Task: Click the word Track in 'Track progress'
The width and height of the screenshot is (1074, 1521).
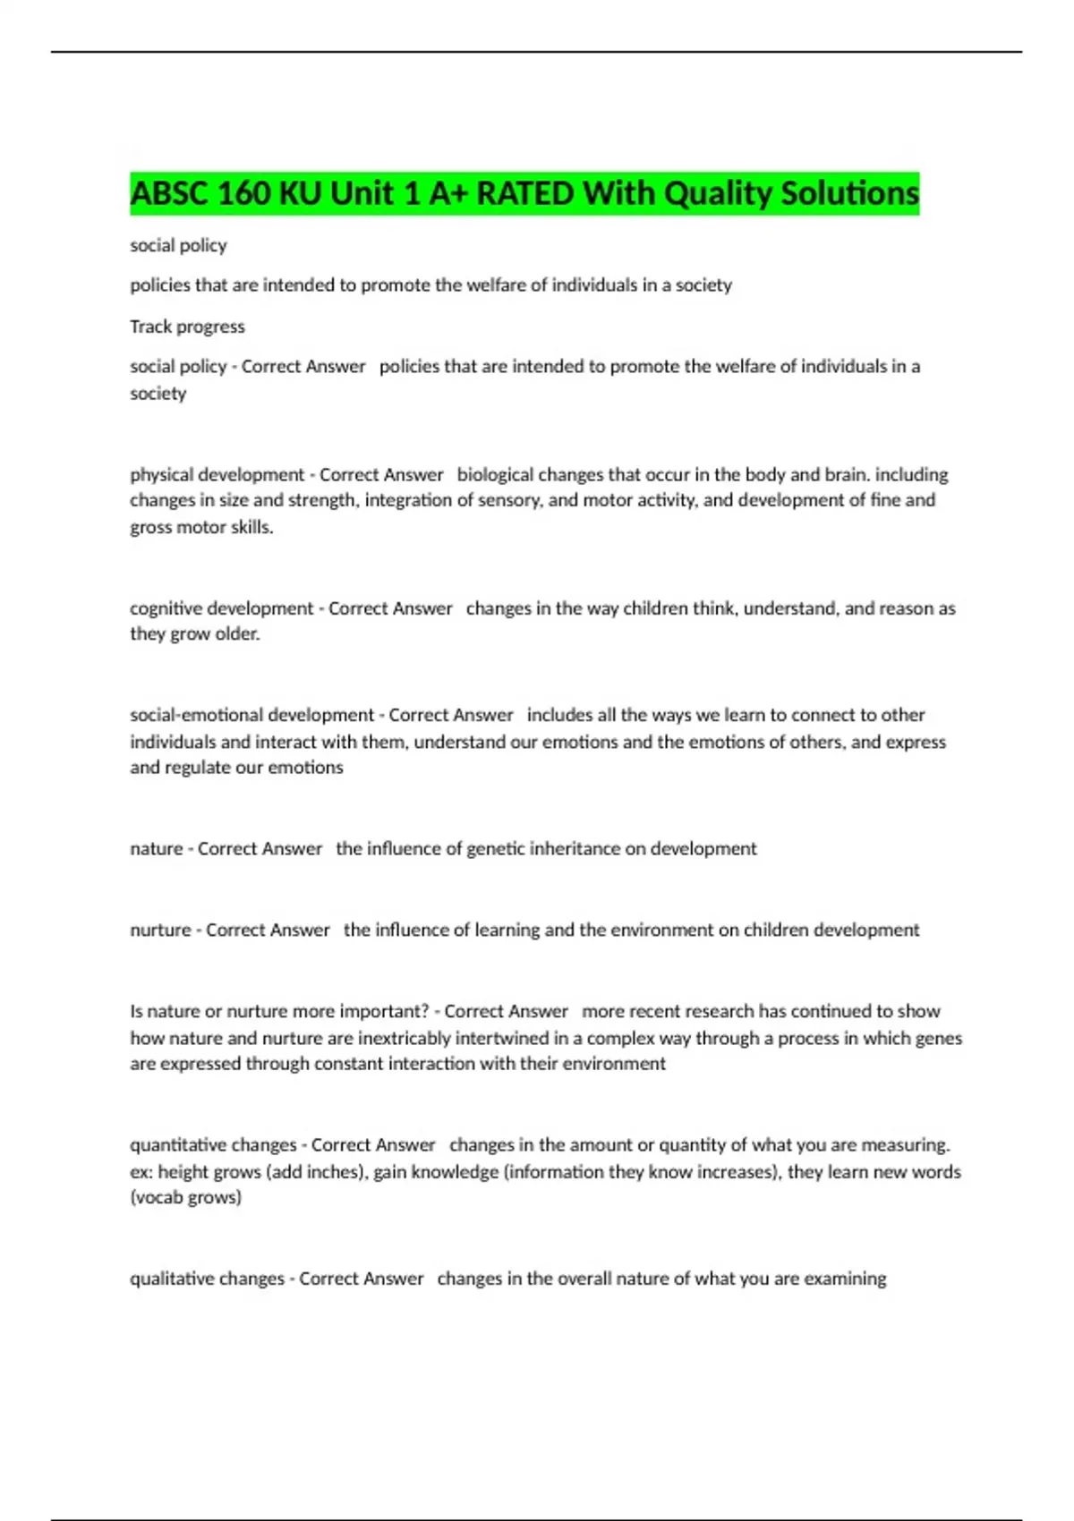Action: [150, 327]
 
